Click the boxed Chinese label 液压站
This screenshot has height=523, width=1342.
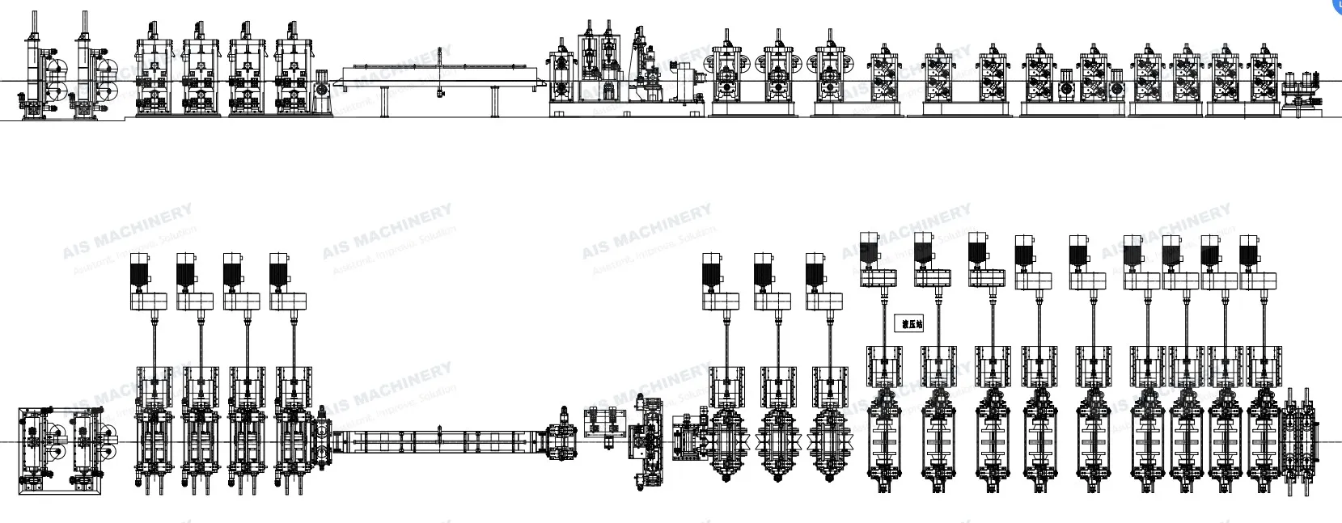coord(912,324)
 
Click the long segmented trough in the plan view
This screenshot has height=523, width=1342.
coord(441,441)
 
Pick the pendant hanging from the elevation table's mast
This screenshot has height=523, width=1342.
coord(438,94)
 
